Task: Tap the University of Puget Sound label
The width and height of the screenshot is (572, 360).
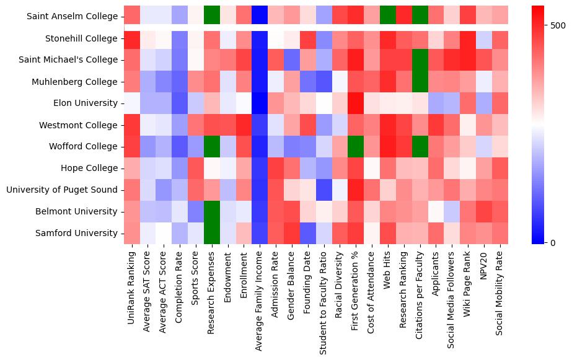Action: [x=62, y=190]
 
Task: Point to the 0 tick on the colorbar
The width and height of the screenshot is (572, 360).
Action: [x=553, y=242]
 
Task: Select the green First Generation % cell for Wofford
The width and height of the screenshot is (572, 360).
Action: [x=356, y=146]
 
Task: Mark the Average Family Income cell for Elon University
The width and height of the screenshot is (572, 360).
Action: [x=260, y=103]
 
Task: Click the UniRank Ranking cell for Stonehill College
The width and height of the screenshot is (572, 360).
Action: [x=132, y=38]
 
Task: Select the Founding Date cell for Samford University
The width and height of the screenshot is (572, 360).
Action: [x=308, y=233]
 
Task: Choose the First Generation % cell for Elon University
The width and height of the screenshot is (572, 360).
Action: [x=356, y=103]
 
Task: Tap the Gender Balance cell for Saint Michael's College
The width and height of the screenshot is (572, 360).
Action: [x=292, y=60]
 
